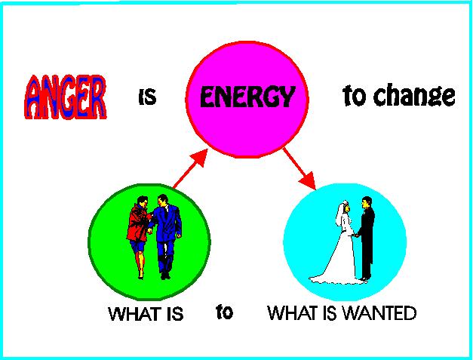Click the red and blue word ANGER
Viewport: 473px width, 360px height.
point(66,97)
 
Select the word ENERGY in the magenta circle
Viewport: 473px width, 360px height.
point(247,97)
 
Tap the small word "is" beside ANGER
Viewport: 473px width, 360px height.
point(148,97)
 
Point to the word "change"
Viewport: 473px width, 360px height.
point(414,95)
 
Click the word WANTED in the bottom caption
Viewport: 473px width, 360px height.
point(380,313)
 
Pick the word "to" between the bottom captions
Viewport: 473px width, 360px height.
point(225,312)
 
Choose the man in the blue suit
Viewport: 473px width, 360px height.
point(166,236)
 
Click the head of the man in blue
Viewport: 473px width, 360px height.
point(163,200)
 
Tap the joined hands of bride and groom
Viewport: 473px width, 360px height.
point(356,235)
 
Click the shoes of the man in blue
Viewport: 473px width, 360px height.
point(165,275)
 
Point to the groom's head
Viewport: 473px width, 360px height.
point(367,203)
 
